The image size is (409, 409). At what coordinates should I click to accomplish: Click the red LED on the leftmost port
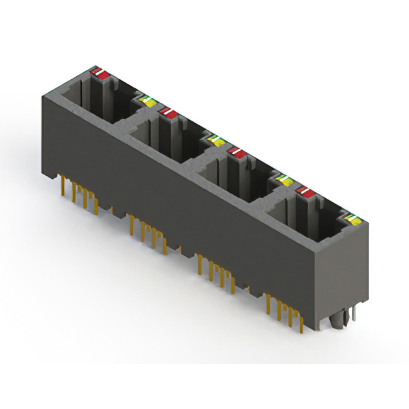tap(100, 73)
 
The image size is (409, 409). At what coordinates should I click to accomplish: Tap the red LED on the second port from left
tap(168, 113)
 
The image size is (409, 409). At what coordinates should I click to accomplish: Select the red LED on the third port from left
tap(237, 152)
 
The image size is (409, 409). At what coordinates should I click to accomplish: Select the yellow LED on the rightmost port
tap(351, 220)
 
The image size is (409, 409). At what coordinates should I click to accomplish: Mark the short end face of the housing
tap(343, 275)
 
